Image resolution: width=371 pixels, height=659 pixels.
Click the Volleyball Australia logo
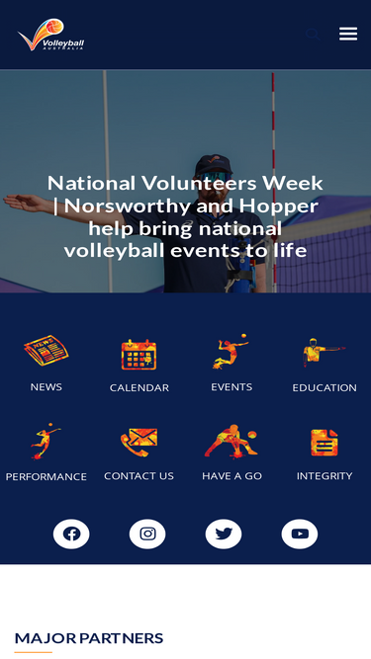coord(50,36)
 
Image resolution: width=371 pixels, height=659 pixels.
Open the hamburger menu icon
coord(348,34)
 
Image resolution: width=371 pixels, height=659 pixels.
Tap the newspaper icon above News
coord(46,351)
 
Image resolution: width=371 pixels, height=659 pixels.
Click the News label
coord(46,387)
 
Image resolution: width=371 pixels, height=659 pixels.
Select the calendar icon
coord(139,354)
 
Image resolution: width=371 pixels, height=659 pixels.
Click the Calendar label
coord(139,388)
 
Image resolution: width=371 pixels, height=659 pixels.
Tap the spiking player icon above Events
coord(232,352)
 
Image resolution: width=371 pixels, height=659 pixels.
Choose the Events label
coord(232,387)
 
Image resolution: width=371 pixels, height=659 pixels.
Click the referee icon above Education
coord(324,353)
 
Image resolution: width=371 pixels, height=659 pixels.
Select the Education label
coord(325,388)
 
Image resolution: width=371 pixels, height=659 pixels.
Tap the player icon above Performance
coord(46,441)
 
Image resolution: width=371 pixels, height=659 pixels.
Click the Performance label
coord(46,476)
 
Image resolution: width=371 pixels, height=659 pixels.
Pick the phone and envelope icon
coord(139,441)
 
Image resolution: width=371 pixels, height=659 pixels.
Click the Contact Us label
coord(139,476)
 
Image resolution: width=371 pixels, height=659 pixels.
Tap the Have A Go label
coord(232,476)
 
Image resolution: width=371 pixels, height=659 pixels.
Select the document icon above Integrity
coord(325,442)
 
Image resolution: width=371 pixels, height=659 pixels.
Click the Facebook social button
coord(71,535)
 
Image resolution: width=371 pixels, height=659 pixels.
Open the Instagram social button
coord(147,535)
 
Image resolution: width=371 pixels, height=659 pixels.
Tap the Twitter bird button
coord(224,535)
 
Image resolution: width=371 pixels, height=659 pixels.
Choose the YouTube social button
coord(300,535)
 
